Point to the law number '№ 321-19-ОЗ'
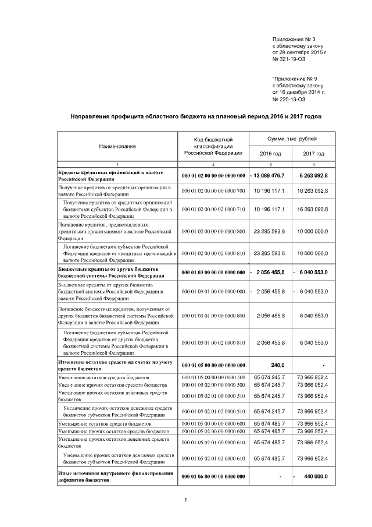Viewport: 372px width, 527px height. pyautogui.click(x=288, y=59)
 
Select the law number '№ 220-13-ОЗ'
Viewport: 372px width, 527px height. pyautogui.click(x=289, y=98)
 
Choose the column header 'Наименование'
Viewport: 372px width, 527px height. pyautogui.click(x=117, y=146)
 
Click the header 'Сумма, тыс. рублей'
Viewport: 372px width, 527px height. pyautogui.click(x=292, y=140)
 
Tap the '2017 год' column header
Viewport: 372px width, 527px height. pyautogui.click(x=314, y=153)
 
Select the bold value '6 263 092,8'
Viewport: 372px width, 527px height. pyautogui.click(x=314, y=175)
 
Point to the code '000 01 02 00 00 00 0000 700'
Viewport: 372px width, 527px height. pyautogui.click(x=213, y=191)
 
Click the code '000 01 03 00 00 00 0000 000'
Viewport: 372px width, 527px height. pyautogui.click(x=213, y=272)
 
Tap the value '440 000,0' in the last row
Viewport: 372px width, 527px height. pyautogui.click(x=316, y=476)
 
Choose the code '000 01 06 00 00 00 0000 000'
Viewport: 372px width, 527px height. pyautogui.click(x=213, y=476)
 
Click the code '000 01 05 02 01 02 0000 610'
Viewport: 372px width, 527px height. pyautogui.click(x=213, y=458)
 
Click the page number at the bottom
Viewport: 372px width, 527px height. pyautogui.click(x=185, y=500)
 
